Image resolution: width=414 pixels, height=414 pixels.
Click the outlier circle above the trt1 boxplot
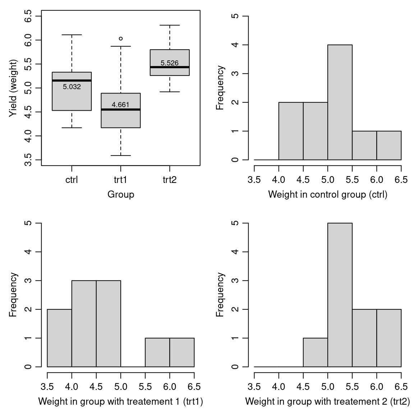[x=121, y=38]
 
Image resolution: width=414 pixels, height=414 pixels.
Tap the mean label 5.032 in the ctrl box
[x=72, y=87]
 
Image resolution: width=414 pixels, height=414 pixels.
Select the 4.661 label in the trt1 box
[x=120, y=105]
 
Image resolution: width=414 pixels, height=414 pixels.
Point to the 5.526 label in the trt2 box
[x=170, y=63]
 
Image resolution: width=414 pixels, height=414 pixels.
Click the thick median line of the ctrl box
[x=72, y=80]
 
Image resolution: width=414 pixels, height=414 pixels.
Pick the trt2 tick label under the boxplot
[x=170, y=180]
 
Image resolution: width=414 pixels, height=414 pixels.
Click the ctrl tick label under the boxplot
[x=72, y=180]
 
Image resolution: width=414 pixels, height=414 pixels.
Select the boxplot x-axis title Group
[x=121, y=194]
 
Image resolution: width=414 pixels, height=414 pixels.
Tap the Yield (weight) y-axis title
[x=13, y=88]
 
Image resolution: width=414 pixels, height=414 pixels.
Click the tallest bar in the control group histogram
[x=340, y=102]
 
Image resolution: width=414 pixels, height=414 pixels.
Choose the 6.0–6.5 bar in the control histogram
[x=389, y=146]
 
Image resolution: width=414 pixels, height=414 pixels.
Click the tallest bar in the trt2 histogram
[x=340, y=295]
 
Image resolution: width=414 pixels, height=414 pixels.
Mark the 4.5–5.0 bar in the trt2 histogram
[x=316, y=352]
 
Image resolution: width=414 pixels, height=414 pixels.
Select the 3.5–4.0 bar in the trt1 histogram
[x=59, y=338]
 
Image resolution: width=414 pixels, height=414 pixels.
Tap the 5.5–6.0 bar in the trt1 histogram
[x=157, y=352]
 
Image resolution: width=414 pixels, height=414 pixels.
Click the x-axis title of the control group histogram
[x=328, y=195]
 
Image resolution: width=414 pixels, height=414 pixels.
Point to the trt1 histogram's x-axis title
[x=121, y=401]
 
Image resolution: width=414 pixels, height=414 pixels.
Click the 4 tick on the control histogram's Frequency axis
[x=235, y=45]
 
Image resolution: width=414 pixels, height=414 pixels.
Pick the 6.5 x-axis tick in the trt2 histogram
[x=401, y=387]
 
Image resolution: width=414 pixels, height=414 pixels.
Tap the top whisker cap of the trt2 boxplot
[x=170, y=25]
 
